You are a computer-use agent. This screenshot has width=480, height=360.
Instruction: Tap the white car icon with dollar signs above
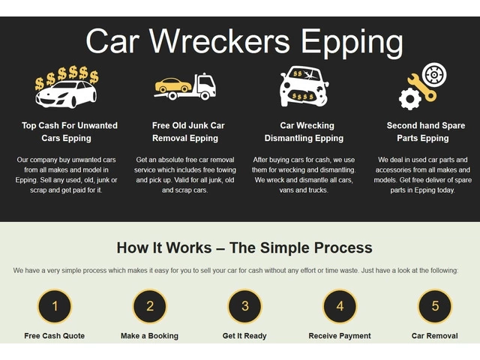click(x=66, y=87)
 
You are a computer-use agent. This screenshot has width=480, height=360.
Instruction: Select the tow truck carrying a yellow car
click(x=185, y=86)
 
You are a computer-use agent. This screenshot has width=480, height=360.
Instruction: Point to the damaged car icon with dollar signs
click(x=304, y=86)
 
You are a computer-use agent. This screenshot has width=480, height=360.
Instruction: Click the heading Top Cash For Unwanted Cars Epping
click(x=69, y=132)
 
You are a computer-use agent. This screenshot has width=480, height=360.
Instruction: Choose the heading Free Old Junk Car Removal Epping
click(x=187, y=132)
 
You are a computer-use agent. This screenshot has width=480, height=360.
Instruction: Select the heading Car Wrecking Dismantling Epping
click(x=304, y=132)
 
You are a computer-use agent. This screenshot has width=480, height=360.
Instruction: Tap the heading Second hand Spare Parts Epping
click(x=425, y=132)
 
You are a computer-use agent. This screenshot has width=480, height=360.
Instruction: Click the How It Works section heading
click(x=244, y=247)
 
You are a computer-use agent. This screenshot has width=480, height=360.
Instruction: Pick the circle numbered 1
click(x=55, y=306)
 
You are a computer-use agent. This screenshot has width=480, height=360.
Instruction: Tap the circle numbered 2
click(x=150, y=306)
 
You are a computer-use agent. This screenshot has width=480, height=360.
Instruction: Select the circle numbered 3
click(x=245, y=306)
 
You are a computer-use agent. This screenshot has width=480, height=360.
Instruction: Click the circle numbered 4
click(x=340, y=306)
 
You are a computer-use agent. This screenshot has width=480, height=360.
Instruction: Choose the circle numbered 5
click(x=435, y=306)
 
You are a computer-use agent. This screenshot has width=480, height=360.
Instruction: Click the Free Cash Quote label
click(x=55, y=335)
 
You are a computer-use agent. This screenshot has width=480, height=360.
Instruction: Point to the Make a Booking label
click(x=150, y=335)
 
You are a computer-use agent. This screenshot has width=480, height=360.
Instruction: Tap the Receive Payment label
click(x=340, y=335)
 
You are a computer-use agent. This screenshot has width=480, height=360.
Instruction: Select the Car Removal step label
click(x=435, y=335)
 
